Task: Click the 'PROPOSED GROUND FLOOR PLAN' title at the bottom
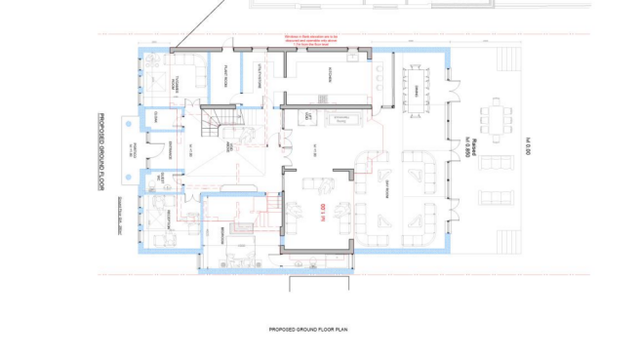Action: [308, 330]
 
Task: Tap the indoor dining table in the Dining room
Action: [418, 85]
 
